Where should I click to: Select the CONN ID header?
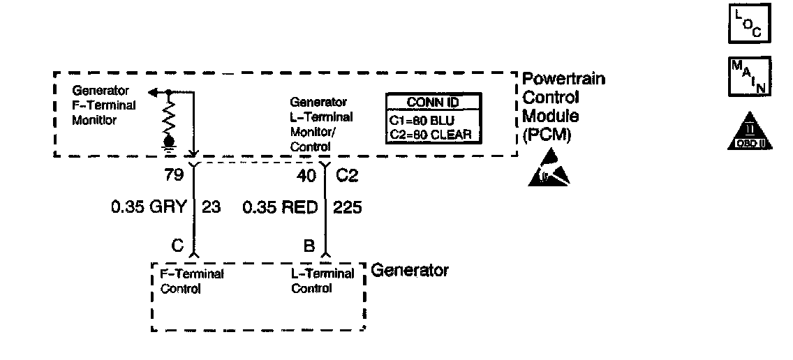[x=433, y=103]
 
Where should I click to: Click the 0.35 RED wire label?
[x=281, y=207]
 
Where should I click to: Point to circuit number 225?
[x=347, y=207]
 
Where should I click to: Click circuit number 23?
[x=211, y=207]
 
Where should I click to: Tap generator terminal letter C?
[x=178, y=245]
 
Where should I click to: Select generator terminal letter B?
[x=309, y=245]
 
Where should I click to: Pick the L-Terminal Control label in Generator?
[x=323, y=281]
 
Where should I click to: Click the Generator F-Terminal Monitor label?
[x=105, y=105]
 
